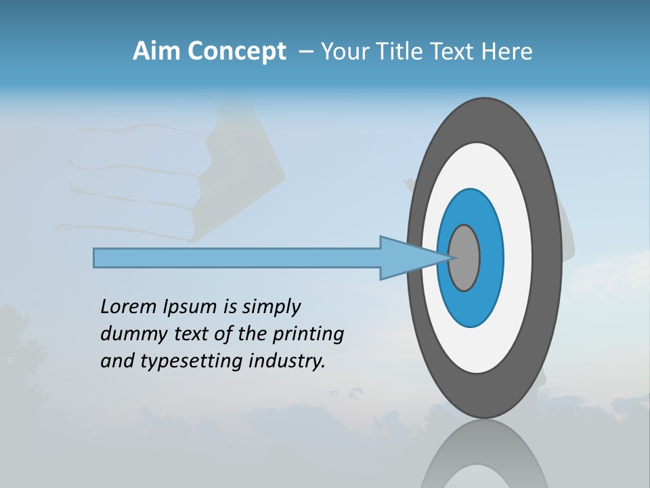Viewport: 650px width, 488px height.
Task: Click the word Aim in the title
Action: (157, 52)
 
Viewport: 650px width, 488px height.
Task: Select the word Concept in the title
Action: (236, 52)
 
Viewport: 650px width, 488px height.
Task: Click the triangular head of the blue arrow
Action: (406, 258)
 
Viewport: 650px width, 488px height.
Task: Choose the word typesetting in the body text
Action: (192, 361)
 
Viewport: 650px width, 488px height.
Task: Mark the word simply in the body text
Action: (271, 307)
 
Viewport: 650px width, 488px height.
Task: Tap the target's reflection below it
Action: (484, 457)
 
